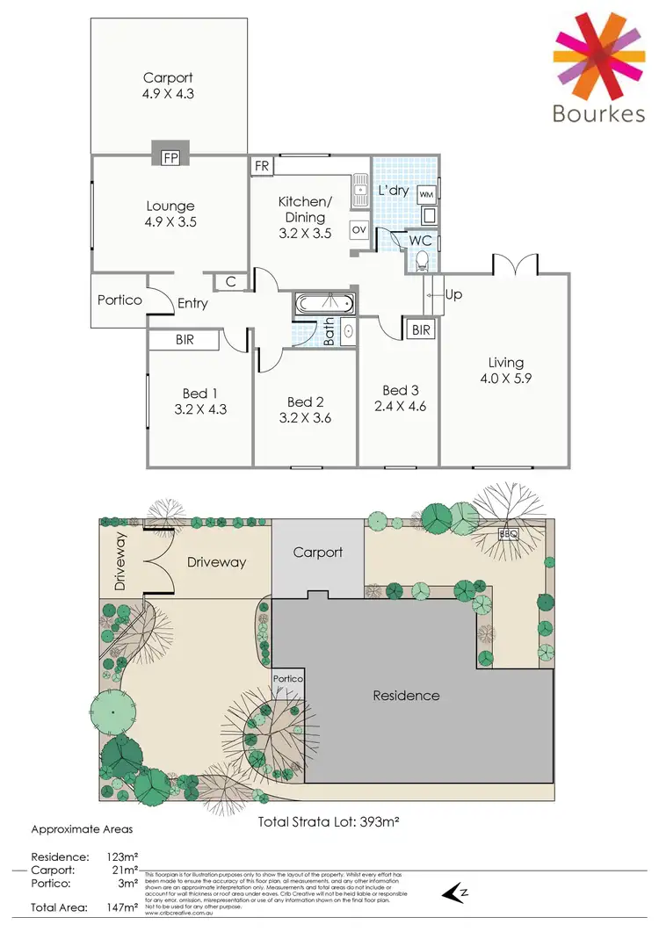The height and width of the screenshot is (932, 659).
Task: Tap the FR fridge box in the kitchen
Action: [262, 166]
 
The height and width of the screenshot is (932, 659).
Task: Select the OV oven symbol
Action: [358, 229]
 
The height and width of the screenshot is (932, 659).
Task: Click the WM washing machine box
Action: [426, 193]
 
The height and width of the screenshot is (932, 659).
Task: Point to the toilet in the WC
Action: [422, 258]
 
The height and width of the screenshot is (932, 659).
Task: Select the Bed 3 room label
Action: [399, 390]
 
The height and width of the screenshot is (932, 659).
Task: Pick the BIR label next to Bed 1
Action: [185, 339]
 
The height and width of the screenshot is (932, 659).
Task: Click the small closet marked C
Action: [230, 281]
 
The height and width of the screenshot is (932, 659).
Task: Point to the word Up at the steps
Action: [453, 294]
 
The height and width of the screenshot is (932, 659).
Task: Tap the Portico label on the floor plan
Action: [119, 300]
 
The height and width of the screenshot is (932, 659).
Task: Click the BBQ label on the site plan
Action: [509, 533]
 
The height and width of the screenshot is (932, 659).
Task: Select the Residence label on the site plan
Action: [406, 695]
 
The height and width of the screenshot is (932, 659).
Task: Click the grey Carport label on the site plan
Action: [317, 553]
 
